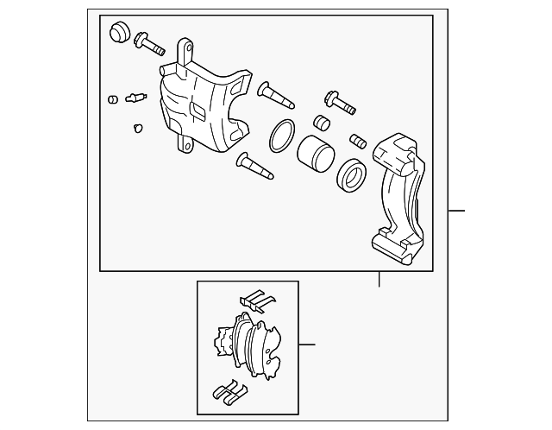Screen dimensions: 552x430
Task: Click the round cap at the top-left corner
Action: click(x=119, y=33)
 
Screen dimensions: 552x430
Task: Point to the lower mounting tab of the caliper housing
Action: click(x=183, y=143)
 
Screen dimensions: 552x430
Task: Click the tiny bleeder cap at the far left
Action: click(x=112, y=98)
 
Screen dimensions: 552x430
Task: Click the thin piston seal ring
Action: click(x=280, y=136)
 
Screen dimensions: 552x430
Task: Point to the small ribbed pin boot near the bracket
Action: click(x=359, y=139)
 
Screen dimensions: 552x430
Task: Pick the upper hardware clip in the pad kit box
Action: click(x=257, y=301)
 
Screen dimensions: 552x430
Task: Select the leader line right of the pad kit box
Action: click(x=306, y=345)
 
